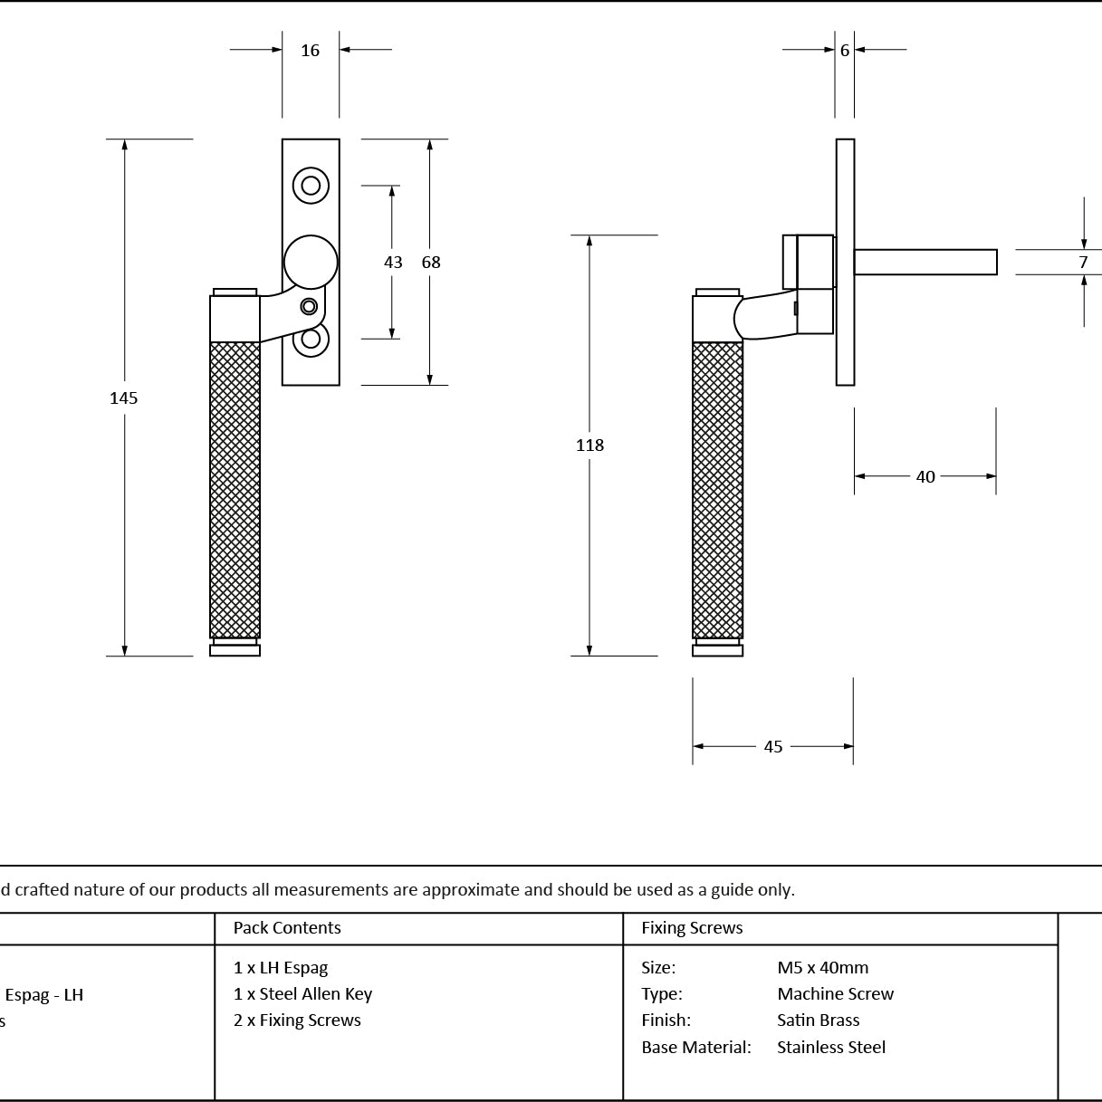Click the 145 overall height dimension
click(x=123, y=398)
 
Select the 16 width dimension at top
click(x=310, y=51)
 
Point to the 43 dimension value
click(x=393, y=263)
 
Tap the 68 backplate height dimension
click(x=431, y=263)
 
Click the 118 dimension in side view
click(x=589, y=445)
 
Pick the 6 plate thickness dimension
click(x=845, y=51)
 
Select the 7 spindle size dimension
click(x=1083, y=263)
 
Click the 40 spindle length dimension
click(x=925, y=476)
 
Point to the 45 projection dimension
click(x=773, y=746)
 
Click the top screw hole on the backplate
click(x=311, y=186)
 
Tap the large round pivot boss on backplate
click(x=311, y=263)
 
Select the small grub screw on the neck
click(x=309, y=307)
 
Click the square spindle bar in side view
click(x=925, y=262)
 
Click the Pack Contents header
click(x=287, y=927)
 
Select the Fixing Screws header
click(x=692, y=927)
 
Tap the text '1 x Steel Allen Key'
click(x=302, y=993)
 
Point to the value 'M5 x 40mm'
click(x=822, y=967)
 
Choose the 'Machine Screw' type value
click(x=835, y=993)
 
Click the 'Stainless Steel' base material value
click(x=831, y=1047)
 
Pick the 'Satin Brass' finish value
click(x=818, y=1020)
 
